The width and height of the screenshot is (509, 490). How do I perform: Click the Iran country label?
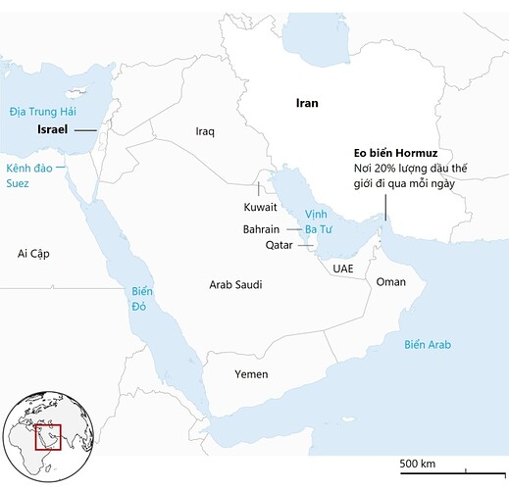tap(307, 102)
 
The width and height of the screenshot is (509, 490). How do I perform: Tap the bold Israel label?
tap(51, 129)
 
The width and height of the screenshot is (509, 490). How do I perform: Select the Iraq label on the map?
tap(205, 130)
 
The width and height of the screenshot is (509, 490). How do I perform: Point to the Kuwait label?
tap(260, 208)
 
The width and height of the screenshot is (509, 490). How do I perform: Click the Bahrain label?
tap(262, 228)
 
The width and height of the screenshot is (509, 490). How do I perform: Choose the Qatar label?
tap(280, 246)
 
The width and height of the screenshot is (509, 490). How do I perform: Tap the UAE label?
tap(342, 268)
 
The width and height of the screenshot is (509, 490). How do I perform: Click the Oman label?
tap(391, 281)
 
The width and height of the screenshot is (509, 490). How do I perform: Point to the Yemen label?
tap(251, 374)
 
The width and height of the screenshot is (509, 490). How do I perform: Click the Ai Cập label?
tap(33, 254)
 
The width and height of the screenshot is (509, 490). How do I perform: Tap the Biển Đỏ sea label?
tap(144, 298)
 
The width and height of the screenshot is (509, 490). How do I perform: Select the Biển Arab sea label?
tap(428, 344)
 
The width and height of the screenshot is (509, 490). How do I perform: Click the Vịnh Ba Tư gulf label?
tap(319, 220)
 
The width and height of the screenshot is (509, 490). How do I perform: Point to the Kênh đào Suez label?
tap(26, 176)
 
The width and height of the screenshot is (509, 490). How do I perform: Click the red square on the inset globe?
tap(47, 435)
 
